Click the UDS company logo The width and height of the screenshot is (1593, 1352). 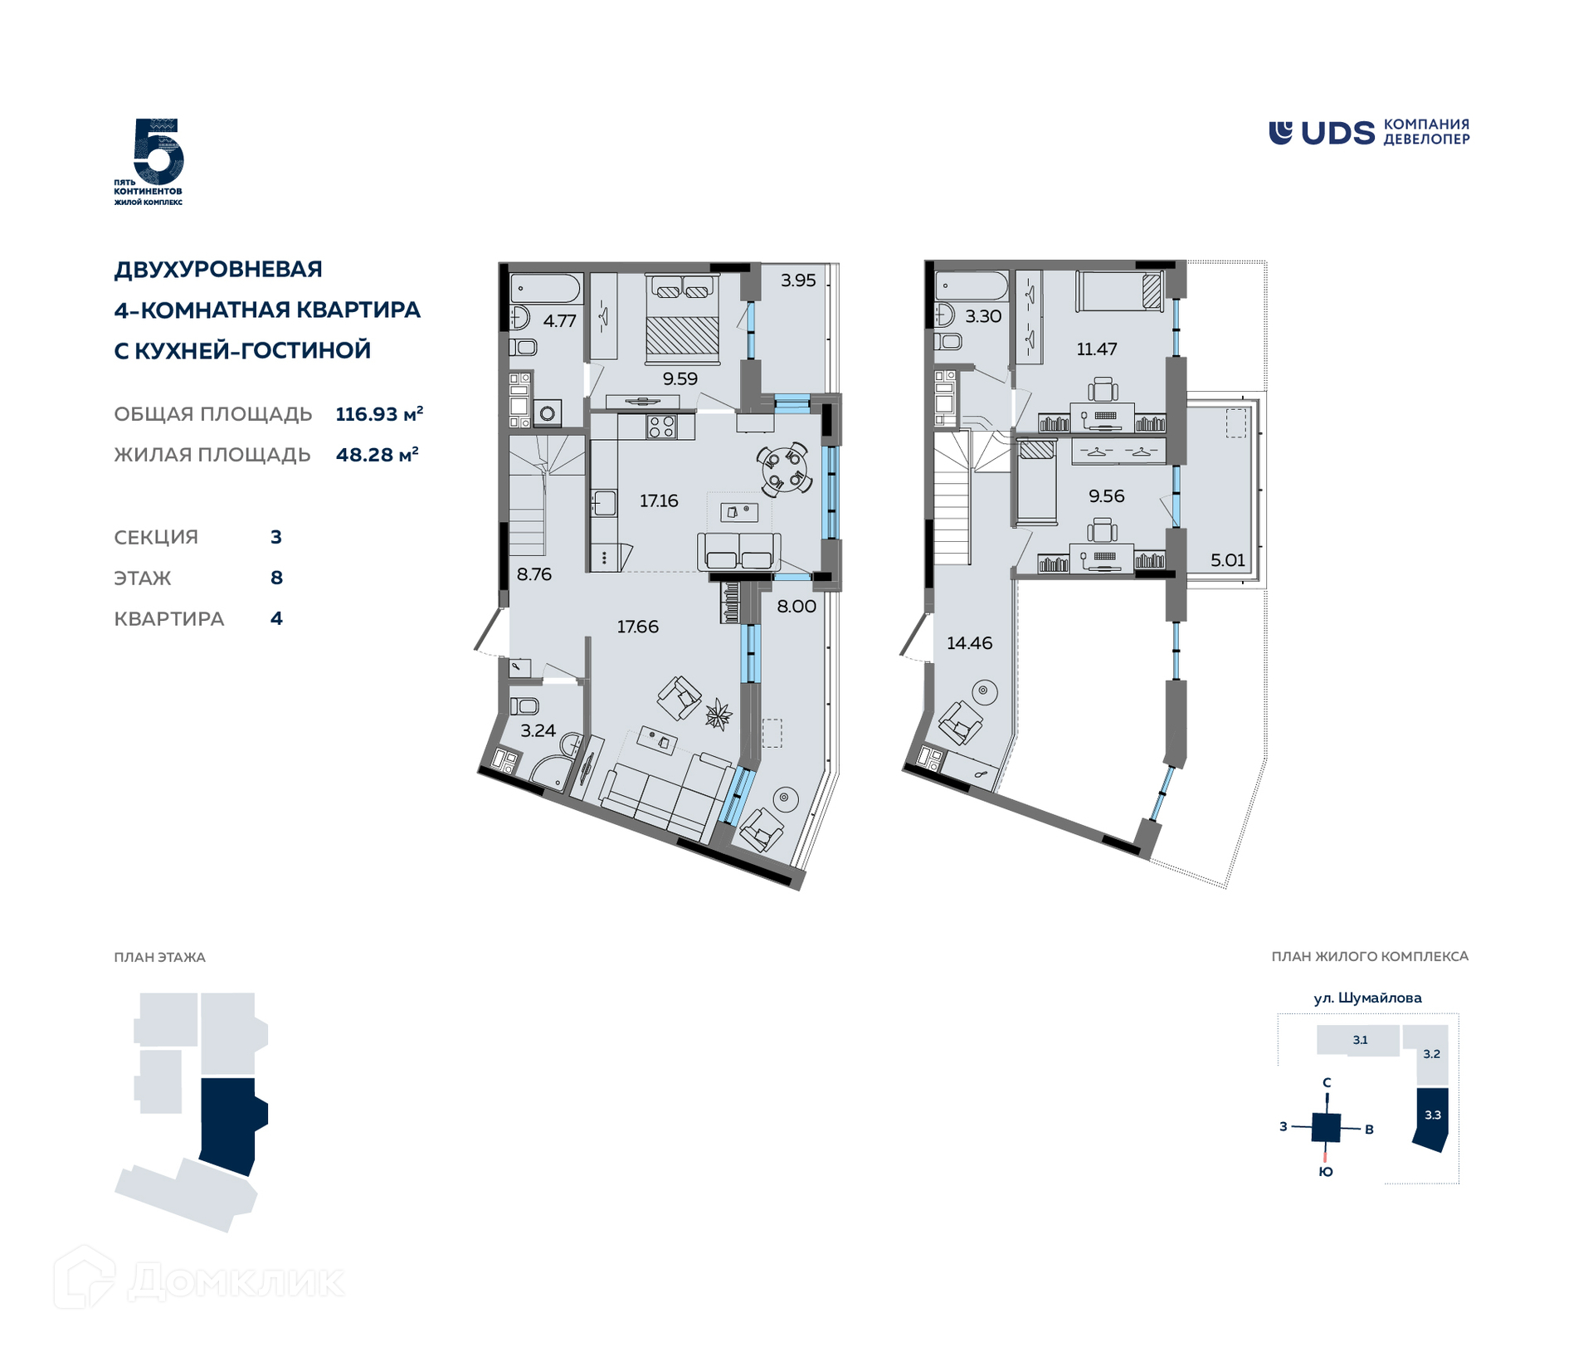point(1368,133)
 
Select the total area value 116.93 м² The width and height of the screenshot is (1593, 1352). point(379,413)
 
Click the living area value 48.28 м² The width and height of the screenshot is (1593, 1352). point(377,454)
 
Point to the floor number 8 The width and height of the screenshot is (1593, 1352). point(276,578)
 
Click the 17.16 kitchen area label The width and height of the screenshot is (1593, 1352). point(659,500)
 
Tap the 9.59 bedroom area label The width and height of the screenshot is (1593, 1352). point(680,378)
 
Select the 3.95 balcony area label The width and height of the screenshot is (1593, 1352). point(798,281)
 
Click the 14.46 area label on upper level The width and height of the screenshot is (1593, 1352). point(969,642)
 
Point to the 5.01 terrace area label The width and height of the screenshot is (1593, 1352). point(1228,559)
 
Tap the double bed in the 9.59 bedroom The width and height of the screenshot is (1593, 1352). point(682,320)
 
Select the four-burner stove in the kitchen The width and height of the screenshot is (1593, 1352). point(661,427)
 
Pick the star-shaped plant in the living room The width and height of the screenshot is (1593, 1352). point(718,714)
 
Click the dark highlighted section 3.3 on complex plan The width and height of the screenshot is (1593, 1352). point(1432,1118)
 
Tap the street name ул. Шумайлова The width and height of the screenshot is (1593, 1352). point(1367,998)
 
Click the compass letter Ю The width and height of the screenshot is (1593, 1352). point(1326,1171)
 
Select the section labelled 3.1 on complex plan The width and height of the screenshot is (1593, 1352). point(1358,1040)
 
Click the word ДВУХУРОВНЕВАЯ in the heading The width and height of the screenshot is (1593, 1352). point(218,269)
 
